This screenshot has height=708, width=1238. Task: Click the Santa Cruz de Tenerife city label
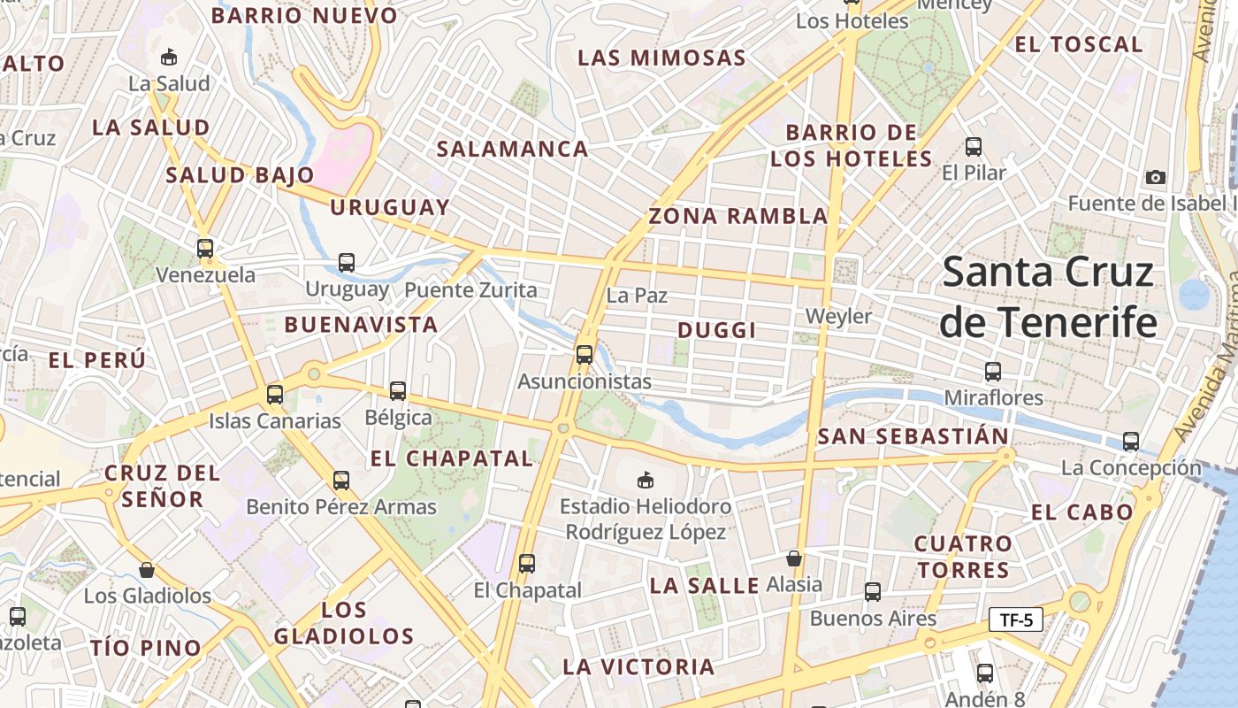pyautogui.click(x=1048, y=296)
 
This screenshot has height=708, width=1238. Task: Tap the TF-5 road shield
pyautogui.click(x=1016, y=619)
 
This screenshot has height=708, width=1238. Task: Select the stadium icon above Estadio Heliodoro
pyautogui.click(x=646, y=480)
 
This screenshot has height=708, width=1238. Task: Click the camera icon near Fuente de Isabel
pyautogui.click(x=1155, y=177)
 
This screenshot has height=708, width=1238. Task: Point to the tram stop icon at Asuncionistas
pyautogui.click(x=584, y=355)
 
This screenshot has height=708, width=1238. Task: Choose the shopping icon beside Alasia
pyautogui.click(x=794, y=558)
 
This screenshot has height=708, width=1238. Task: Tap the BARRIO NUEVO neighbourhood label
pyautogui.click(x=305, y=15)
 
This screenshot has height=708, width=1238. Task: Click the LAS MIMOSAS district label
pyautogui.click(x=662, y=58)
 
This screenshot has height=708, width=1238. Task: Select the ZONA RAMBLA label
pyautogui.click(x=738, y=216)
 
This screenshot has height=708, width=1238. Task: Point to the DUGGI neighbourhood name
pyautogui.click(x=717, y=330)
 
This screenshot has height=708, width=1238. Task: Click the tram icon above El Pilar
pyautogui.click(x=974, y=146)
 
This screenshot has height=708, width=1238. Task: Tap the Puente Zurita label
pyautogui.click(x=470, y=290)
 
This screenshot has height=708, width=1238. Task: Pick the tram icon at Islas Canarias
pyautogui.click(x=275, y=394)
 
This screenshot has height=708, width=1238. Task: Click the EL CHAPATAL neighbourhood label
pyautogui.click(x=452, y=458)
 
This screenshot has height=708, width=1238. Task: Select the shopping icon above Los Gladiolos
pyautogui.click(x=147, y=570)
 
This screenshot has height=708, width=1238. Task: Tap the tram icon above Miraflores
pyautogui.click(x=993, y=372)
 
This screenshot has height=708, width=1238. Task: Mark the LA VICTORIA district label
pyautogui.click(x=638, y=666)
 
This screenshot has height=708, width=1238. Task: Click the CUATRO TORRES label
pyautogui.click(x=963, y=556)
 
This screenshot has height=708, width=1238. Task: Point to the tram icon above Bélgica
pyautogui.click(x=398, y=390)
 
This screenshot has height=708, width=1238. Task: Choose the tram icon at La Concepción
pyautogui.click(x=1130, y=441)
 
